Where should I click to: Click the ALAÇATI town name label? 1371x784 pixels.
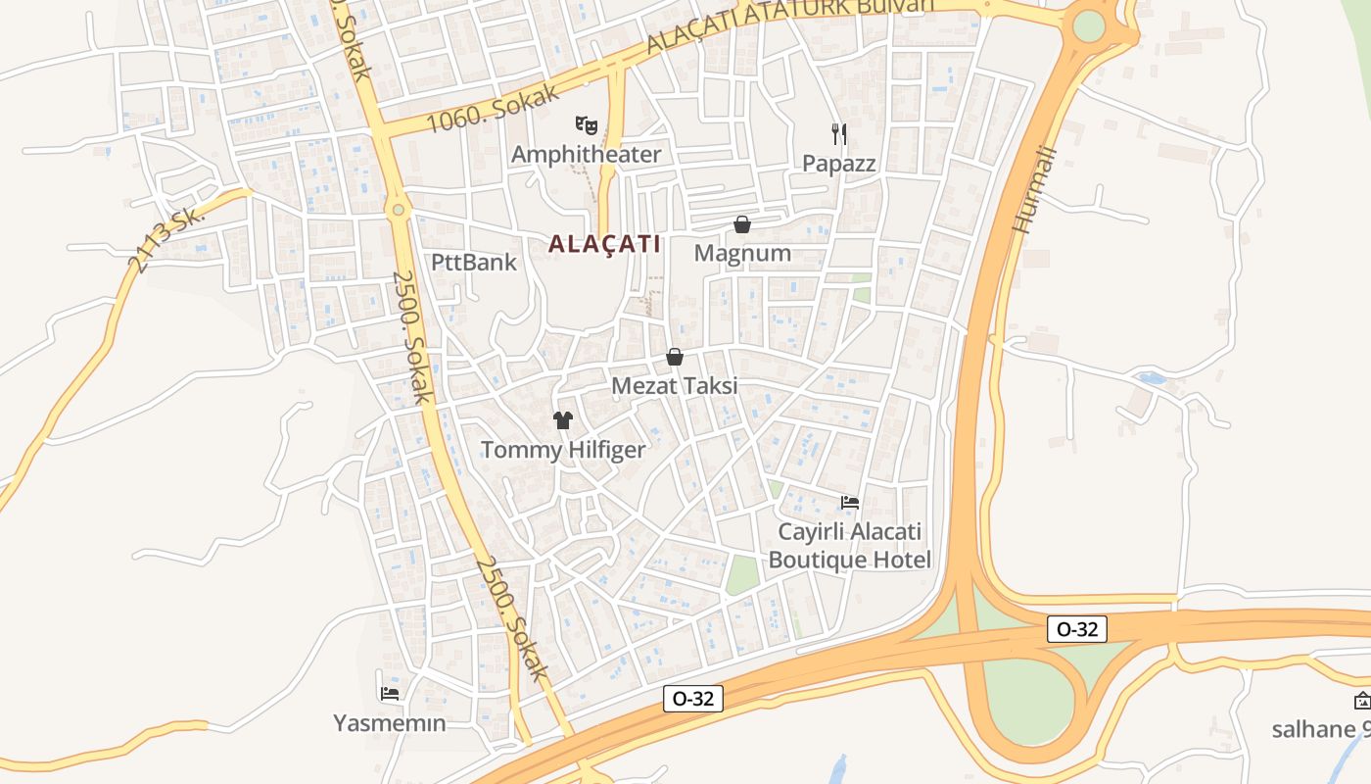[x=604, y=244]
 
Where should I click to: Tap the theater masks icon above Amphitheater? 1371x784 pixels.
[x=586, y=124]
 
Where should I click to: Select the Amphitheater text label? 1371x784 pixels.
[x=586, y=155]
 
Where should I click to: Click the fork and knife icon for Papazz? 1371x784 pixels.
[x=838, y=133]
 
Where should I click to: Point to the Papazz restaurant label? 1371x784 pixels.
[x=838, y=163]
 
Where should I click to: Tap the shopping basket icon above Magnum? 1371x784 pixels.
[x=742, y=224]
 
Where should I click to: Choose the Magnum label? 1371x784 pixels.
[x=742, y=254]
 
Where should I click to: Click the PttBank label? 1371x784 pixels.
[x=474, y=263]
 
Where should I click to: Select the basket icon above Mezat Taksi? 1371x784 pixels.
[x=675, y=357]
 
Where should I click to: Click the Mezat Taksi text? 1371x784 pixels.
[x=675, y=386]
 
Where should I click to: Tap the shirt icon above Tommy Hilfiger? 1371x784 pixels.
[x=563, y=420]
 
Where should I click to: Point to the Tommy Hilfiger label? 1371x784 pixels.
[x=563, y=451]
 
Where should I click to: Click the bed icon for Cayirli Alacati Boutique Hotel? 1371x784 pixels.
[x=850, y=503]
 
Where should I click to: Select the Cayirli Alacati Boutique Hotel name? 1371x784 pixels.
[x=850, y=546]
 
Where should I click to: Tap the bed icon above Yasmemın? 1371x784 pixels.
[x=390, y=694]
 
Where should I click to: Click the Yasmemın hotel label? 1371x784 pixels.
[x=390, y=724]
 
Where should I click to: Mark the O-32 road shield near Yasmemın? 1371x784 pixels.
[x=693, y=699]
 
